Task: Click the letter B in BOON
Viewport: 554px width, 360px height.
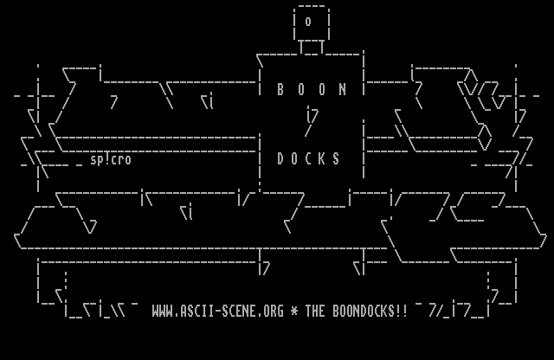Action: pyautogui.click(x=280, y=89)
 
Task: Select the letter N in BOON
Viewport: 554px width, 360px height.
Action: pyautogui.click(x=343, y=89)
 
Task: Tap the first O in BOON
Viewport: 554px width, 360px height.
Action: pyautogui.click(x=301, y=89)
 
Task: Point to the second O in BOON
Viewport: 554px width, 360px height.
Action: pyautogui.click(x=322, y=89)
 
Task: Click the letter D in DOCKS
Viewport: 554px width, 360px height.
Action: pyautogui.click(x=280, y=159)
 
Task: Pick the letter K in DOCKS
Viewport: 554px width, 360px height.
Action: pyautogui.click(x=322, y=159)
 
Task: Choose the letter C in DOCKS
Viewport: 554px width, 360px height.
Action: pyautogui.click(x=308, y=159)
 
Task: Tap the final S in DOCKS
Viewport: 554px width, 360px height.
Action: pyautogui.click(x=336, y=159)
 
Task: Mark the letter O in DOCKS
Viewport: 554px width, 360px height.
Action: pyautogui.click(x=294, y=159)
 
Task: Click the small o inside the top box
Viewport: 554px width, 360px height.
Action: pyautogui.click(x=308, y=22)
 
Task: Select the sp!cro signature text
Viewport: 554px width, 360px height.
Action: pyautogui.click(x=111, y=159)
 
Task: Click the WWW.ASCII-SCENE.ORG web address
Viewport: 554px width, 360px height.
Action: pyautogui.click(x=217, y=311)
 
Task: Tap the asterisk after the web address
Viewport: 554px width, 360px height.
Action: pyautogui.click(x=294, y=311)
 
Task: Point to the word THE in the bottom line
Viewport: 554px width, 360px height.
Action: pyautogui.click(x=315, y=311)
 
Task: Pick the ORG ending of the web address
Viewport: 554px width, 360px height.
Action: pyautogui.click(x=274, y=311)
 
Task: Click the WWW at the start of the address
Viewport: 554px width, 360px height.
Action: pyautogui.click(x=162, y=311)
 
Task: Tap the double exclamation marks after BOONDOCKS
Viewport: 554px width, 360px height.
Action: pyautogui.click(x=401, y=311)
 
